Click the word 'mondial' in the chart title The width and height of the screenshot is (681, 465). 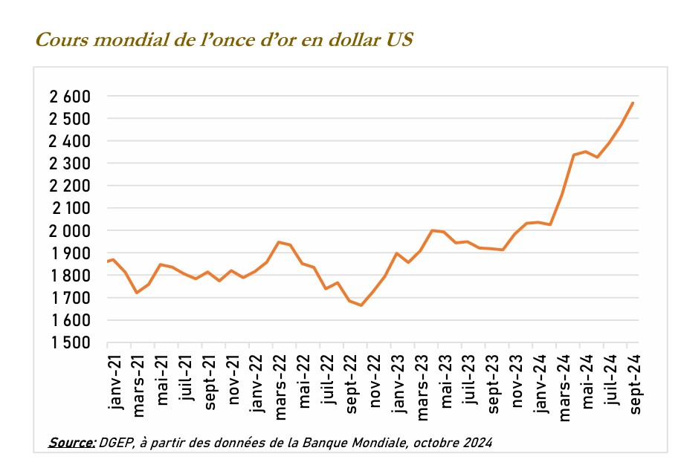click(135, 40)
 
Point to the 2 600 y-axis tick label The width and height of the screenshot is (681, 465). click(70, 97)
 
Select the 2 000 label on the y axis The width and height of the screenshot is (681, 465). click(70, 231)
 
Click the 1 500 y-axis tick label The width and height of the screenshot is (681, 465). click(70, 343)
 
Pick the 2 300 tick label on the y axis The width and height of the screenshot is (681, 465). click(70, 163)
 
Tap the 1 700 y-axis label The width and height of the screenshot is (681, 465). click(70, 298)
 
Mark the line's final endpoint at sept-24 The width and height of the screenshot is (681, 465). click(632, 103)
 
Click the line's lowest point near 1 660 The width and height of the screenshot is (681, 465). click(361, 305)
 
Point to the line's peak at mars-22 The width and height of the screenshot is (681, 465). click(278, 242)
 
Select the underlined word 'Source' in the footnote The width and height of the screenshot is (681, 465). click(71, 443)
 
